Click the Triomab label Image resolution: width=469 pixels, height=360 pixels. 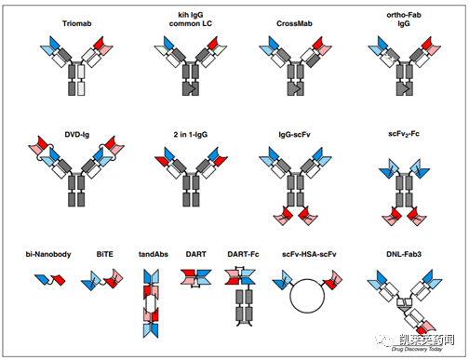click(x=77, y=23)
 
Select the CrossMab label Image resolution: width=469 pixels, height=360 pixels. click(x=294, y=23)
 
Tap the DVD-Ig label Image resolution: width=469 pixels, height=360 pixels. click(x=77, y=135)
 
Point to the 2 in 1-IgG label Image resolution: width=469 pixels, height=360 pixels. click(x=191, y=135)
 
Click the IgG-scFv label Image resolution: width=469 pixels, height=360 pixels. click(x=294, y=135)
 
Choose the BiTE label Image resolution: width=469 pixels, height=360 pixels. click(x=105, y=254)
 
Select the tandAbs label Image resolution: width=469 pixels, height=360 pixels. click(x=154, y=254)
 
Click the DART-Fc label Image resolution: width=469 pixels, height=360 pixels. click(x=243, y=254)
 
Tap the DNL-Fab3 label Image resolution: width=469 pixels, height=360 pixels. click(x=404, y=254)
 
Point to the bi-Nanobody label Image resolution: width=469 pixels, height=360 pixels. click(x=48, y=254)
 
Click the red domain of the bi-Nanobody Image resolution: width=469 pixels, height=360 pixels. click(x=59, y=280)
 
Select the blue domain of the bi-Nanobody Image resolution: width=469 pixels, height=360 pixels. click(x=42, y=279)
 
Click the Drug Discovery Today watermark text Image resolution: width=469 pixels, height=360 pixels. click(x=417, y=349)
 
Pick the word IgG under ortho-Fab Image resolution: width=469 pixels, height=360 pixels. click(x=404, y=23)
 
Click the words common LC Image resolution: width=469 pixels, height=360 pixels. click(x=191, y=23)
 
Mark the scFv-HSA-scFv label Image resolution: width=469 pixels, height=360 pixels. click(x=309, y=254)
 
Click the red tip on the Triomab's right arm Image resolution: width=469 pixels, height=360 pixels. click(x=100, y=43)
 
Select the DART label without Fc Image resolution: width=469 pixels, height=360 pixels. click(x=196, y=254)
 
